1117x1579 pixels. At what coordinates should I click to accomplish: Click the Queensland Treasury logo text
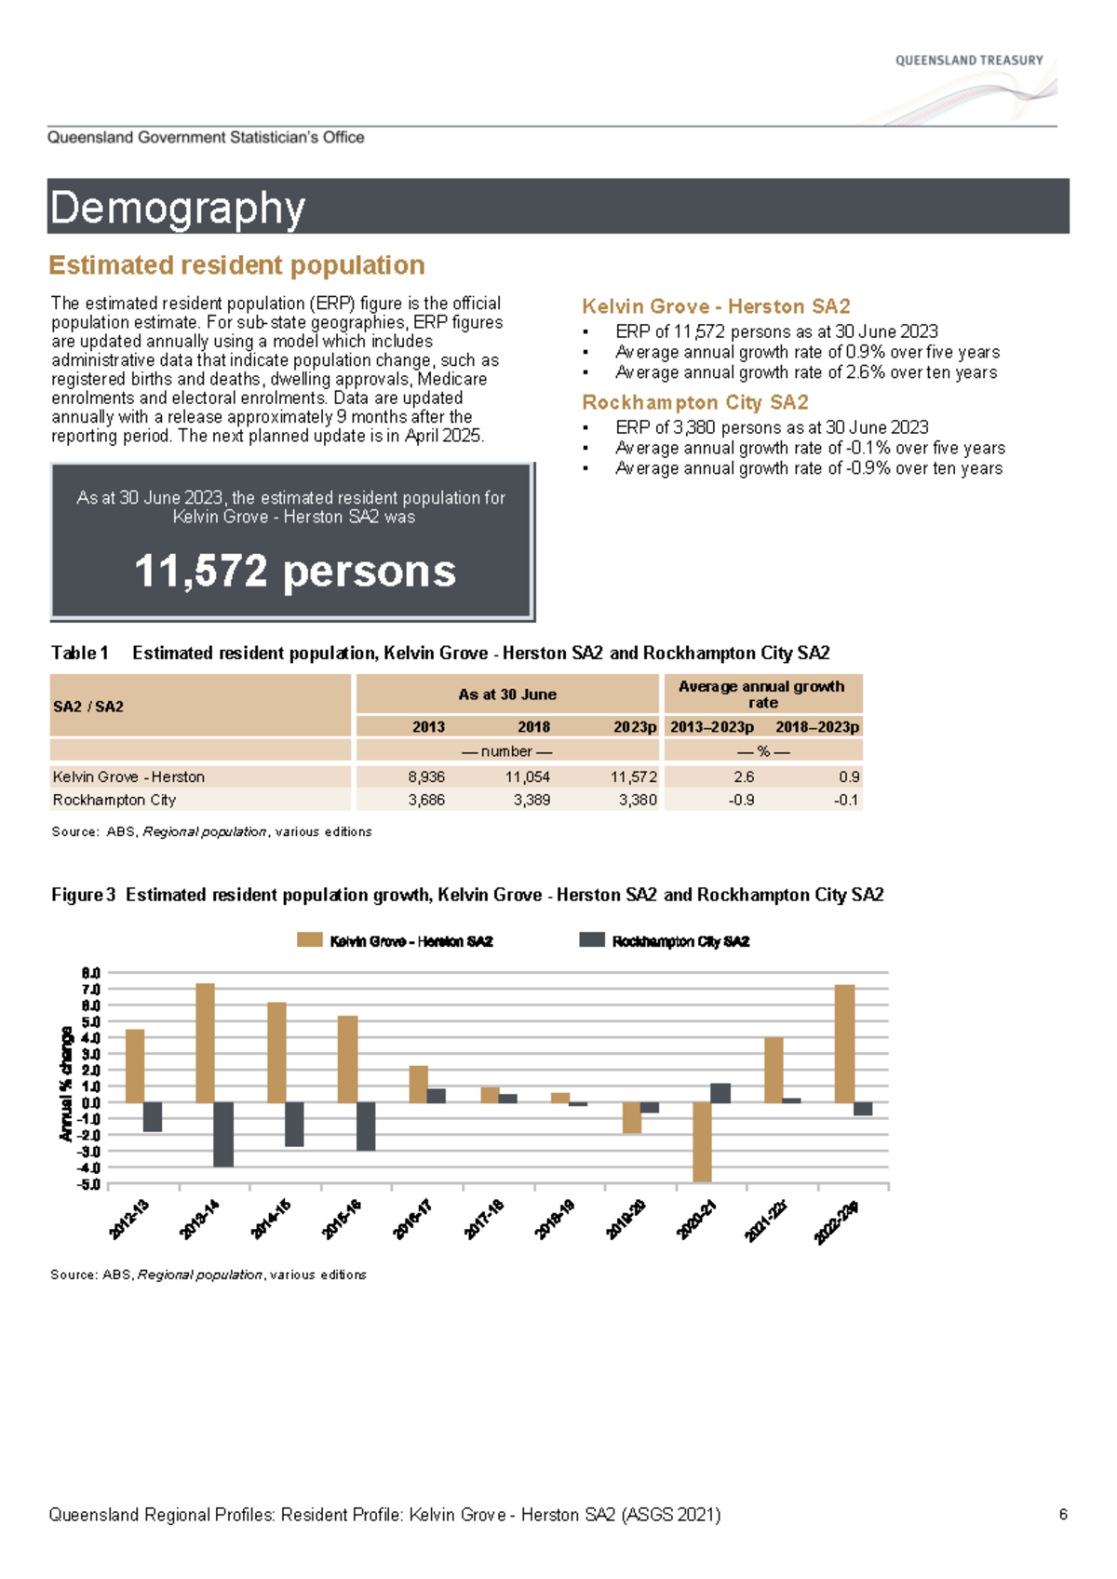(x=968, y=61)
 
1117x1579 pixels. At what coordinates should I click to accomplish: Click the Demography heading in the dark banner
(x=177, y=208)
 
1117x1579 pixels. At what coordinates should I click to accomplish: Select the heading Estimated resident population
(x=236, y=265)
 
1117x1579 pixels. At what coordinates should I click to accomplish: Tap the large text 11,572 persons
(x=294, y=571)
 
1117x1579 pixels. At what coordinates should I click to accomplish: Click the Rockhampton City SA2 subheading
(x=694, y=402)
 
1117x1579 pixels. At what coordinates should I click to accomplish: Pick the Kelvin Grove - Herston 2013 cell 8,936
(x=426, y=776)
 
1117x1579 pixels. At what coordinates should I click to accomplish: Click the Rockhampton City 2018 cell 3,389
(x=532, y=800)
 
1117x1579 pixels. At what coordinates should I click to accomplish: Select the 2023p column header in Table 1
(x=635, y=726)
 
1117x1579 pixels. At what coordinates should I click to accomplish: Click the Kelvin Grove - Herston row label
(x=128, y=776)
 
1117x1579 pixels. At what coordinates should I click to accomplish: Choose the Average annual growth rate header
(x=761, y=694)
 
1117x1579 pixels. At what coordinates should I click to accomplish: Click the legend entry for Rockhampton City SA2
(x=680, y=941)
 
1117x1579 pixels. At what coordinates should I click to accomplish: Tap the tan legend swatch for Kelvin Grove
(x=309, y=940)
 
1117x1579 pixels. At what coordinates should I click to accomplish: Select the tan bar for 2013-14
(x=206, y=1043)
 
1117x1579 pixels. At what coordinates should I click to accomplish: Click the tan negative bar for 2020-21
(x=702, y=1141)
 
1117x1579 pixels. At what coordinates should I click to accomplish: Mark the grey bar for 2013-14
(x=223, y=1134)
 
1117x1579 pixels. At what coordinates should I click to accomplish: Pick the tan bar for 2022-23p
(x=844, y=1044)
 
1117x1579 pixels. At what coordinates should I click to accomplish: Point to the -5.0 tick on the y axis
(x=90, y=1184)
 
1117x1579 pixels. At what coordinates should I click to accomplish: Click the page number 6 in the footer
(x=1062, y=1515)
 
